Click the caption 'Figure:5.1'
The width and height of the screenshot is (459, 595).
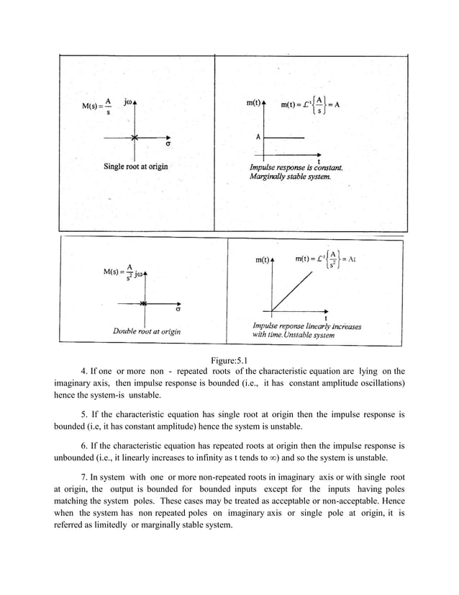[229, 359]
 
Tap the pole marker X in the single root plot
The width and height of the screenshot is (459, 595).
[135, 137]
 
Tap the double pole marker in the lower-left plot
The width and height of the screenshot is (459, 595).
[144, 304]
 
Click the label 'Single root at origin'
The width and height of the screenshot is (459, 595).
[135, 167]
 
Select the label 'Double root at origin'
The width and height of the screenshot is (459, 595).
[147, 331]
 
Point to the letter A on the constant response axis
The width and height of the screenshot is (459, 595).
[257, 136]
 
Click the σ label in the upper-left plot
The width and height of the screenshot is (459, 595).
[168, 143]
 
